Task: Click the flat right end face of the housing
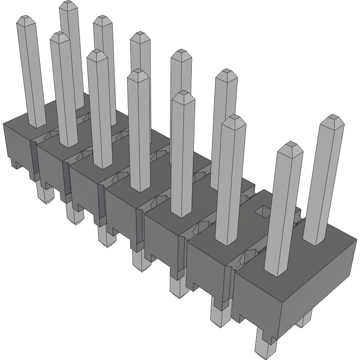click(318, 283)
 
